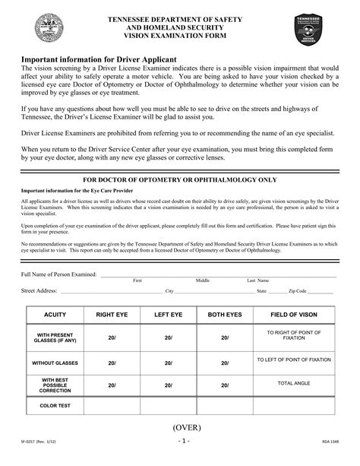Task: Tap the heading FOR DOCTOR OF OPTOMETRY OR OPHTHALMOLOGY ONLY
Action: (x=179, y=179)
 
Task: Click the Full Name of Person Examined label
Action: (x=58, y=274)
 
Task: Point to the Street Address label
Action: (x=39, y=290)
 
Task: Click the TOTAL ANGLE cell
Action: (x=294, y=384)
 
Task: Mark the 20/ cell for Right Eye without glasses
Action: (x=111, y=363)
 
